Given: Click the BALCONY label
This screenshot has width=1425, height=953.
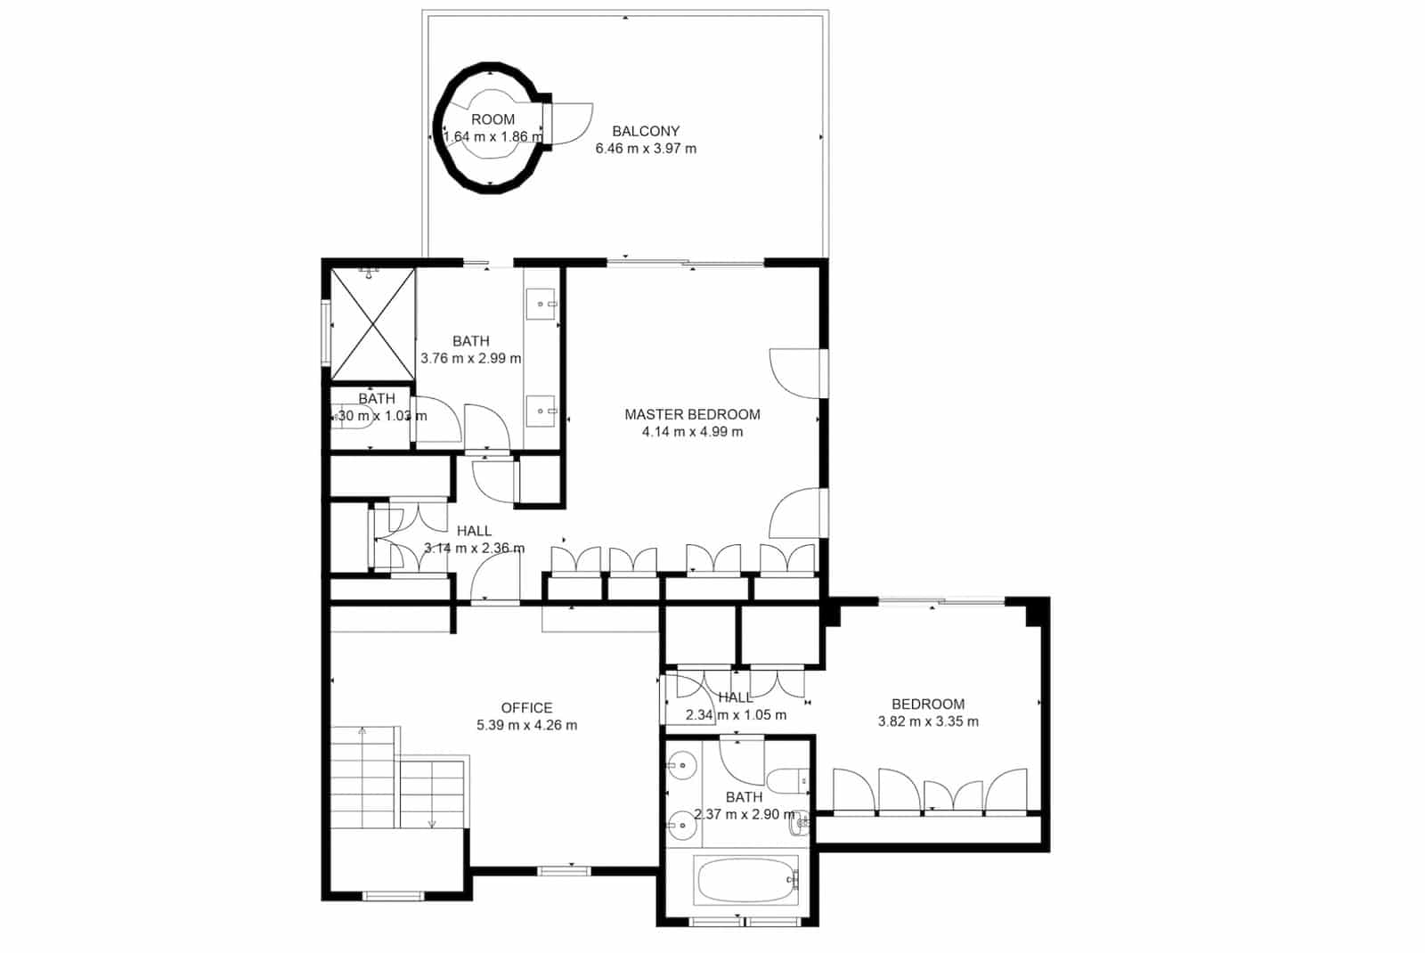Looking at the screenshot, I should pos(646,131).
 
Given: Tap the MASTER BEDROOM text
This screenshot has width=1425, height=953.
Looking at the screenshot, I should pos(692,414).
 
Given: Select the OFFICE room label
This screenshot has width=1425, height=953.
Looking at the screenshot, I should pos(526,708).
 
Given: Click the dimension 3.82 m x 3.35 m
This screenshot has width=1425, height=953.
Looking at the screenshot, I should pos(928,721).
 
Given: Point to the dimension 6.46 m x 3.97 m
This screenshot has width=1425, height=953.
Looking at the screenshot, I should pos(646,149).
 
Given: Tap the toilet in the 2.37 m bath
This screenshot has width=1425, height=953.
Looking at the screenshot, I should pos(787,782).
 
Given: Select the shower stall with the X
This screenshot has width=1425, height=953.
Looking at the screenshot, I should pos(372,324).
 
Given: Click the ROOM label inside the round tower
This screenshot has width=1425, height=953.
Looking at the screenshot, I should pos(493,119).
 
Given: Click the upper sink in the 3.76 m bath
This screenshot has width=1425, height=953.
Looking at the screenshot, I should pos(541,305).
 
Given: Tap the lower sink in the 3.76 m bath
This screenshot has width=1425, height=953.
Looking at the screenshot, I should pos(541,411).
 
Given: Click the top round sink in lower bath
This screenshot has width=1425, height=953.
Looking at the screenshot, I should pos(683,764).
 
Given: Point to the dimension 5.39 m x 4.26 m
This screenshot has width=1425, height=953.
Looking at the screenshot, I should pos(526,725).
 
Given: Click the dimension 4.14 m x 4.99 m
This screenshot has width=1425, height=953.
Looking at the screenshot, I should pos(692,432).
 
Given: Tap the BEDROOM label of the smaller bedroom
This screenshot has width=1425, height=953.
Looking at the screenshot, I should pos(928,704).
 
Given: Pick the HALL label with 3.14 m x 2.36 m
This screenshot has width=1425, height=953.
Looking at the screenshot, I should pos(474,531).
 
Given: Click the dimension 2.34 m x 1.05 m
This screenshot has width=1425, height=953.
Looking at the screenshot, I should pos(736,715).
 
